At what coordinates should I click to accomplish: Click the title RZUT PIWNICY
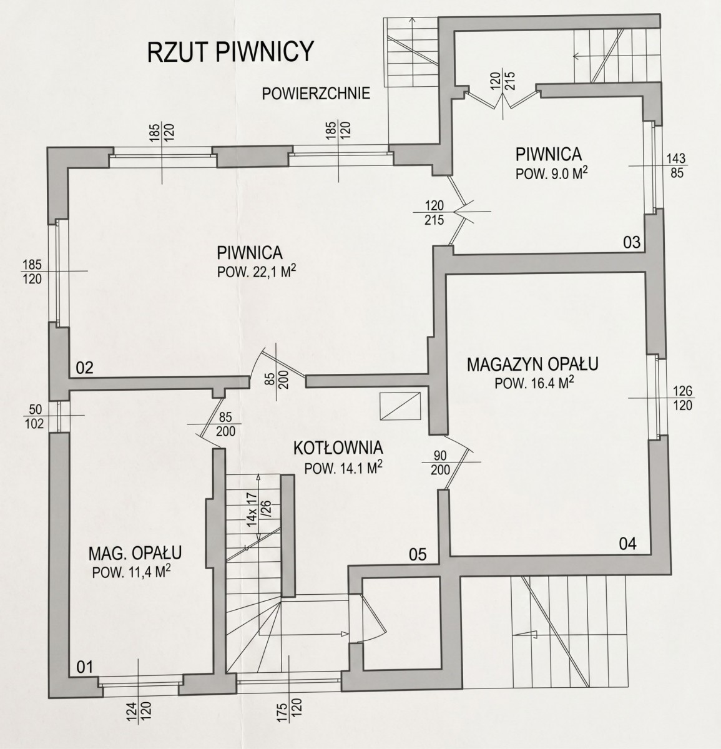point(230,52)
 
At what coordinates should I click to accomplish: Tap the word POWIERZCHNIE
point(316,94)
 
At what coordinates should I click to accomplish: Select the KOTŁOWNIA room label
point(338,448)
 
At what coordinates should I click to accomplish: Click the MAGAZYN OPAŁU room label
point(532,364)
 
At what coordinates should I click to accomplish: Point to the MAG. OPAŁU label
point(135,554)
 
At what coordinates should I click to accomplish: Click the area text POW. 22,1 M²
point(257,272)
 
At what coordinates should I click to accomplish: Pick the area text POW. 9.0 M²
point(552,174)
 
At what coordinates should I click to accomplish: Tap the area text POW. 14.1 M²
point(344,468)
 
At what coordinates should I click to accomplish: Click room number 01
point(85,667)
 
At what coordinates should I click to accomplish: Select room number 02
point(85,368)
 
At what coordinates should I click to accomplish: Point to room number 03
point(632,242)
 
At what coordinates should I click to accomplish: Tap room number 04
point(628,544)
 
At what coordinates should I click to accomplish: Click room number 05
point(418,555)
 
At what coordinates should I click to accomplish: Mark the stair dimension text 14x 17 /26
point(259,509)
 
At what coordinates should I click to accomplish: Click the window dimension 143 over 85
point(676,165)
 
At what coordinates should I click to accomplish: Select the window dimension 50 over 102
point(34,416)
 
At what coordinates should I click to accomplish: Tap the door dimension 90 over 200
point(440,463)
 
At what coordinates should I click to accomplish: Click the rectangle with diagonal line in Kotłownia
point(400,406)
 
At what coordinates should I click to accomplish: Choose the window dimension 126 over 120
point(682,398)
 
